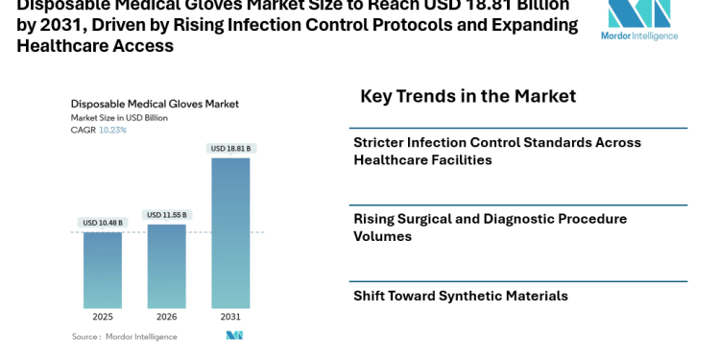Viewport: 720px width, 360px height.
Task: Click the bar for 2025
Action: point(102,270)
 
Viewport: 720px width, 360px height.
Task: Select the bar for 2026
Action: point(166,266)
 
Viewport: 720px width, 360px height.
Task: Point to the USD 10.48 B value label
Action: point(102,224)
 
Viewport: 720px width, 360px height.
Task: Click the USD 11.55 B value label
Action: point(166,215)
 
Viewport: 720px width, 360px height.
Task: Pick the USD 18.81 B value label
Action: point(230,148)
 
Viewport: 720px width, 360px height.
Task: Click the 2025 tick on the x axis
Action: point(102,315)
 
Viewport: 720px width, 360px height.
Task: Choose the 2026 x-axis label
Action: point(166,315)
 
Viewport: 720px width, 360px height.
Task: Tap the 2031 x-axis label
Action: point(230,315)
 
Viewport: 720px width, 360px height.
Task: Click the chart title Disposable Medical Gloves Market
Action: point(155,104)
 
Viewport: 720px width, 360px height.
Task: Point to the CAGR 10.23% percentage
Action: point(112,130)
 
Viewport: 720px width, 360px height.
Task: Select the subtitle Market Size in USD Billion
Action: point(120,117)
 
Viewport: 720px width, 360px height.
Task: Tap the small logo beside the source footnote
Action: point(234,335)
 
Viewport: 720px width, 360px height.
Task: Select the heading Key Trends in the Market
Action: point(468,96)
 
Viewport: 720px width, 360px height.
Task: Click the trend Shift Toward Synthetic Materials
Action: point(460,296)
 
